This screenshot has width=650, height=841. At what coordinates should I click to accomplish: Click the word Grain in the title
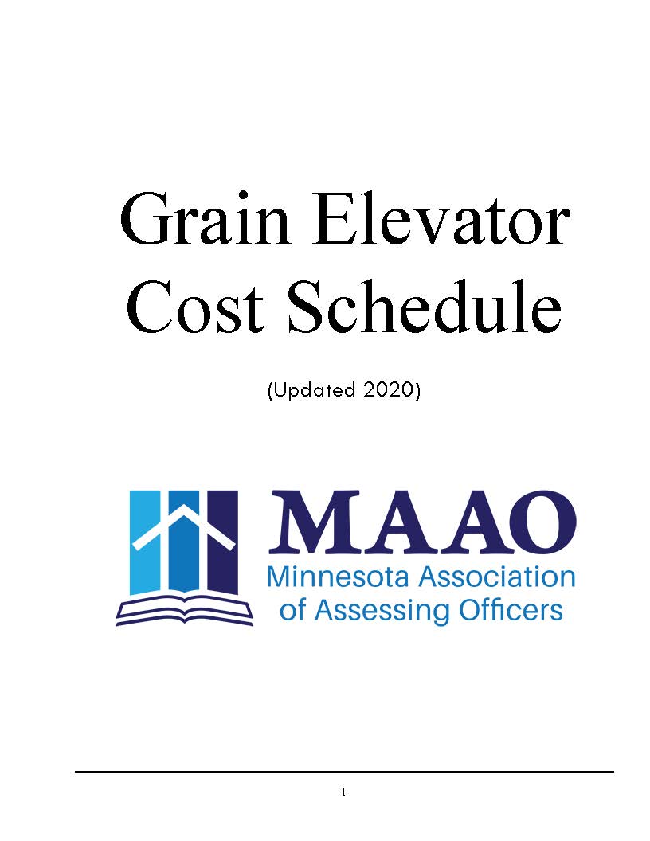(x=205, y=219)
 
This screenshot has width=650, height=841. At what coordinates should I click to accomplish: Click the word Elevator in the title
(x=441, y=219)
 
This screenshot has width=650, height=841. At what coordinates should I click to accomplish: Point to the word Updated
(x=315, y=390)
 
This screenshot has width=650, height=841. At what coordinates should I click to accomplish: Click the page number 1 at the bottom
(x=343, y=792)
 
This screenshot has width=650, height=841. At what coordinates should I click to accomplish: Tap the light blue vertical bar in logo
(x=146, y=541)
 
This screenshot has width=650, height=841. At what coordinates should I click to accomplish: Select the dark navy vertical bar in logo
(x=222, y=541)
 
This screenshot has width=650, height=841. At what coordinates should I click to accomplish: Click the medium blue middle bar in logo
(x=184, y=541)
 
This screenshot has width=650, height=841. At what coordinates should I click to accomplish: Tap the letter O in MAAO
(x=542, y=522)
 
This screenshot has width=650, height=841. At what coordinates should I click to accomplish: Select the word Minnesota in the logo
(x=338, y=577)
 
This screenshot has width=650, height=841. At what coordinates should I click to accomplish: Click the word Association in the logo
(x=496, y=577)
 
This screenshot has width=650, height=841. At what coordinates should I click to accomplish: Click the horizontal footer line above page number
(x=344, y=771)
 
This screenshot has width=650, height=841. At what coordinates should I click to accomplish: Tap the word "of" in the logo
(x=293, y=610)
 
